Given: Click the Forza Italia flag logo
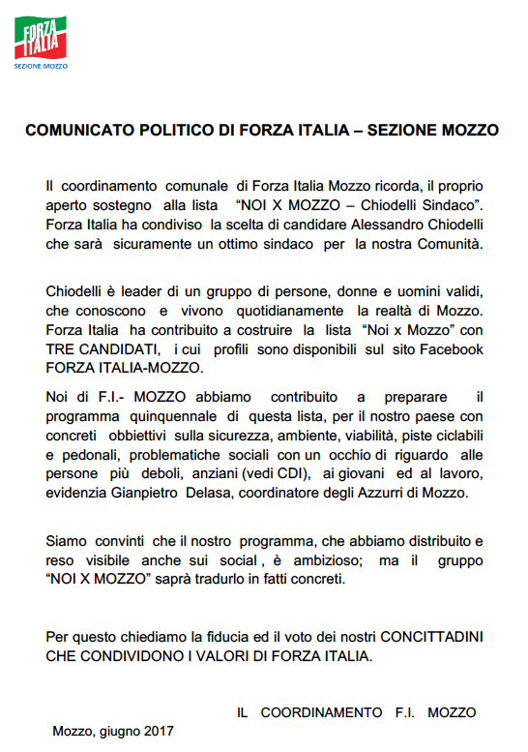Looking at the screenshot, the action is tap(39, 40).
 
